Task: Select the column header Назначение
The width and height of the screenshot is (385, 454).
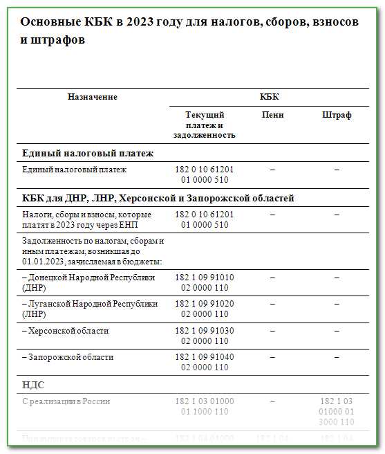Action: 93,97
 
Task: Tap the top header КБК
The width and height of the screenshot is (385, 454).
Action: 270,97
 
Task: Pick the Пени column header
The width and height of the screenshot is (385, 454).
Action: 273,115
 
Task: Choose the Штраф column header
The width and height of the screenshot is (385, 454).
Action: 337,115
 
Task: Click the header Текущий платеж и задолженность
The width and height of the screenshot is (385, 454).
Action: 205,125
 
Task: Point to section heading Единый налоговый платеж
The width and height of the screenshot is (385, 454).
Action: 88,153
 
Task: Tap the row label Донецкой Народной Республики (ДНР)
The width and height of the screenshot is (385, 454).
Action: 88,282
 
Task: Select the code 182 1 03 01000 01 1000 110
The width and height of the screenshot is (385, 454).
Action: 205,406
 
